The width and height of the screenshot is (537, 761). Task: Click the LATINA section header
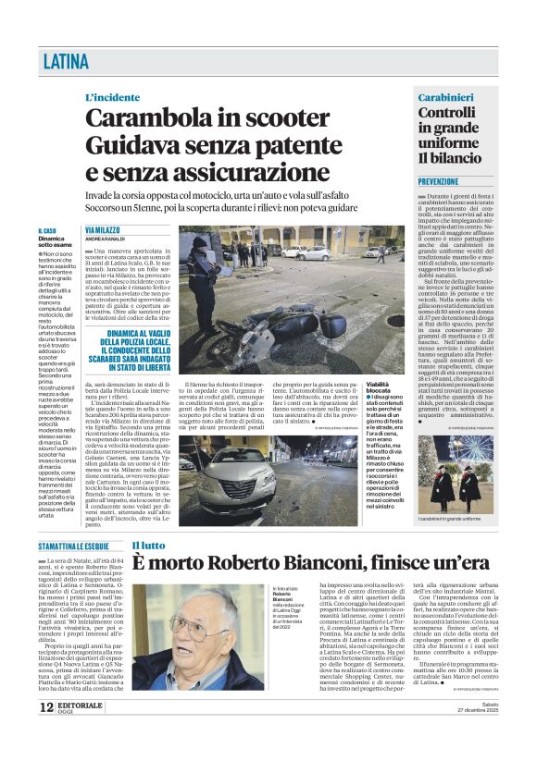click(66, 63)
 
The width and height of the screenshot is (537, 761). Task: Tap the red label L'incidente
click(113, 97)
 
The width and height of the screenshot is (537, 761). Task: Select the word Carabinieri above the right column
click(445, 97)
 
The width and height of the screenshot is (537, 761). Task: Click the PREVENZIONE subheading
click(438, 182)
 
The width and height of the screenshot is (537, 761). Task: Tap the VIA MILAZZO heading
click(103, 230)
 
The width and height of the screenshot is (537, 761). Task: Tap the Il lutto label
click(147, 546)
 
